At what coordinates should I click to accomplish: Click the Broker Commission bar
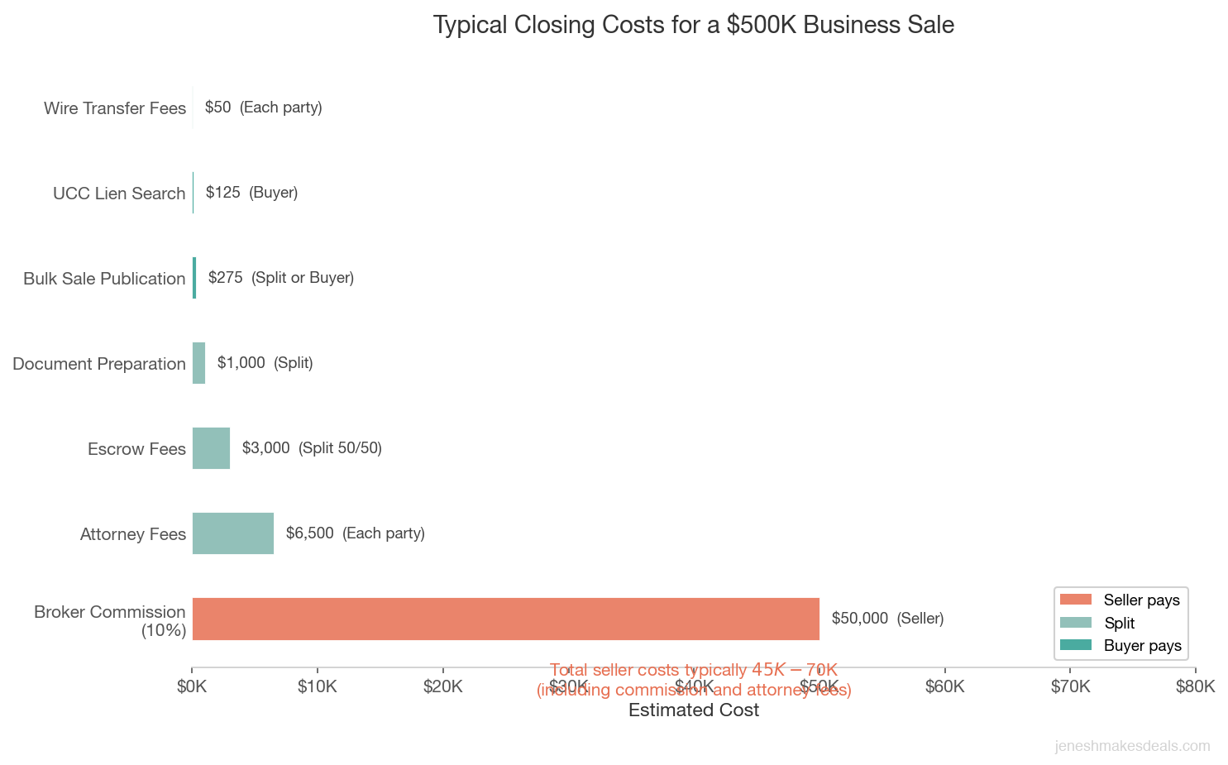[x=505, y=619]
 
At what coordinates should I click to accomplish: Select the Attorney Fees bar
[x=233, y=533]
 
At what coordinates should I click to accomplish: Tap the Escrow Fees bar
[x=211, y=448]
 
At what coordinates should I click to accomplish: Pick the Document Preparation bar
[x=198, y=363]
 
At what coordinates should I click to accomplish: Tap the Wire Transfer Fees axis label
[x=115, y=108]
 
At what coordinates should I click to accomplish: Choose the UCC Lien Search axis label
[x=119, y=194]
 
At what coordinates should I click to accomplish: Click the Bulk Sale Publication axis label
[x=104, y=279]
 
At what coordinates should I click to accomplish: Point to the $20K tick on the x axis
[x=442, y=686]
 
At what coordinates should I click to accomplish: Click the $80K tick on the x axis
[x=1195, y=686]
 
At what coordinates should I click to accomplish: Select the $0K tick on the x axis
[x=192, y=686]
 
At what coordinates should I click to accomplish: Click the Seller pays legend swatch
[x=1075, y=600]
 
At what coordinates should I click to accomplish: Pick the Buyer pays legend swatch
[x=1075, y=645]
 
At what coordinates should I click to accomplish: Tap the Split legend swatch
[x=1075, y=623]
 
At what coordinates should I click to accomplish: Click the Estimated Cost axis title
[x=693, y=710]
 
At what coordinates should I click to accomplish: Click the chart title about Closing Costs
[x=693, y=25]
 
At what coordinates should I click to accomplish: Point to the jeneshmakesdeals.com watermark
[x=1132, y=746]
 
